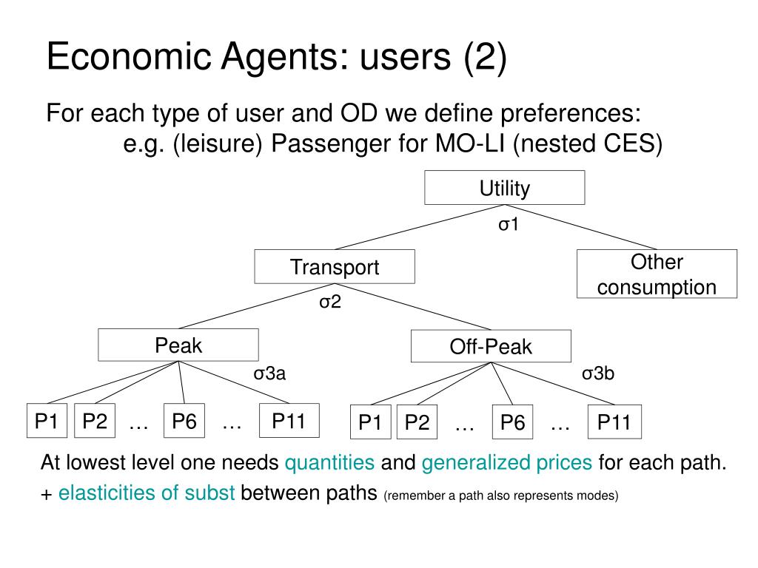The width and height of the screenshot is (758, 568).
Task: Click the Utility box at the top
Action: tap(505, 187)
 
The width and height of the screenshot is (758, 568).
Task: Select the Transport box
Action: tap(335, 266)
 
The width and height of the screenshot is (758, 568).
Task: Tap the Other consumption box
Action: tap(657, 274)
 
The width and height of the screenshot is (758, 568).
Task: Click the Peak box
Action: tap(178, 345)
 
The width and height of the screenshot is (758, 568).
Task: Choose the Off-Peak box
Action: tap(491, 346)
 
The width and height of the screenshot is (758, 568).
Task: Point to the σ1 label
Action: tap(509, 224)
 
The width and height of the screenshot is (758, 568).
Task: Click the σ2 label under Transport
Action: tap(330, 302)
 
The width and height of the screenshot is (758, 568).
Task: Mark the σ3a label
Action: tap(269, 373)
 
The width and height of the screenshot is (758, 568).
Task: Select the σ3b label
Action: tap(598, 373)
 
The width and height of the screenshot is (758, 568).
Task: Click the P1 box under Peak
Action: tap(47, 421)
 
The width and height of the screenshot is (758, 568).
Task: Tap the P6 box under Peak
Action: tap(184, 421)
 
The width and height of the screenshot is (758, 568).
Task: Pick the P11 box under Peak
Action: tap(289, 420)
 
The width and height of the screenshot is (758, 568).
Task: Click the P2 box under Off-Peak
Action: tap(417, 422)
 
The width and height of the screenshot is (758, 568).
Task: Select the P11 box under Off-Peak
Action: tap(614, 422)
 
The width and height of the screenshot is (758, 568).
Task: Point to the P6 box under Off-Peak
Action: tap(512, 422)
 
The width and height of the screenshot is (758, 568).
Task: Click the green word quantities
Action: tap(329, 463)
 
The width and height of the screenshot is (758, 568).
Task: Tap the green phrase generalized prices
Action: tap(506, 463)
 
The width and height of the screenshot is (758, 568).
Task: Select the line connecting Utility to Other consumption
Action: tap(581, 227)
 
